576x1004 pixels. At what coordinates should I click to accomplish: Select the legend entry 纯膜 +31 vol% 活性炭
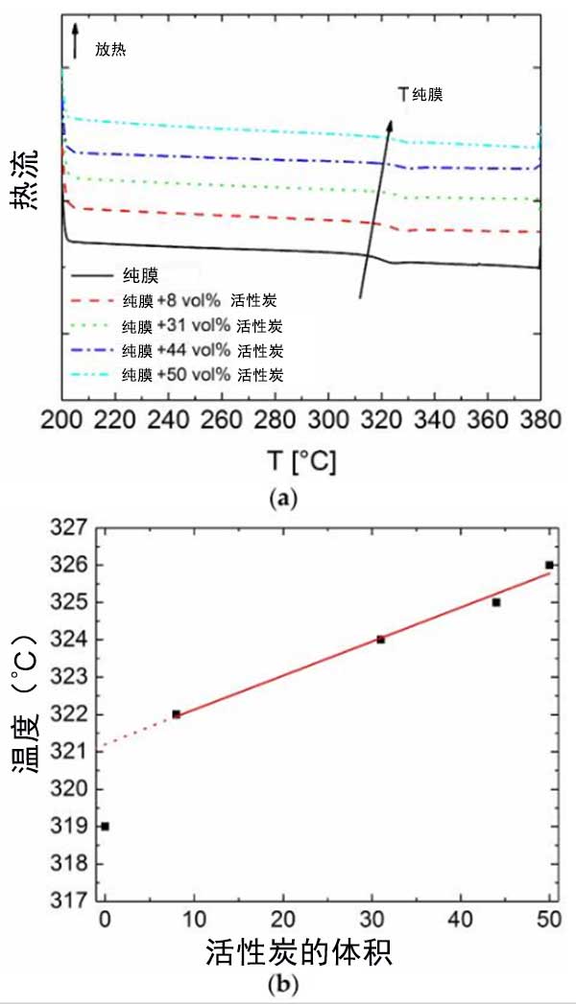[x=203, y=325]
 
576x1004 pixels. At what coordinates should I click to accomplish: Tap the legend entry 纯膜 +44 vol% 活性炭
[x=203, y=349]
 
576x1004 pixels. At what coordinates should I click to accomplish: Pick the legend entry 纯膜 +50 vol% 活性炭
[x=203, y=373]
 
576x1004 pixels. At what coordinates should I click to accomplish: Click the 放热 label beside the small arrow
[x=110, y=48]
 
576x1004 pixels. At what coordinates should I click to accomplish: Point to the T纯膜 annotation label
[x=420, y=94]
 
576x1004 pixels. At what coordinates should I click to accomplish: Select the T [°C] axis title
[x=300, y=461]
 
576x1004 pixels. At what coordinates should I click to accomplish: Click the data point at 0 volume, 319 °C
[x=105, y=826]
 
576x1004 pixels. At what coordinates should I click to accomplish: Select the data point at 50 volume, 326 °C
[x=549, y=565]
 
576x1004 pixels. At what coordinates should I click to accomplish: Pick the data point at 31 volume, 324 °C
[x=381, y=640]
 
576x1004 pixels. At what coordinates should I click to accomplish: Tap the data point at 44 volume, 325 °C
[x=496, y=602]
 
